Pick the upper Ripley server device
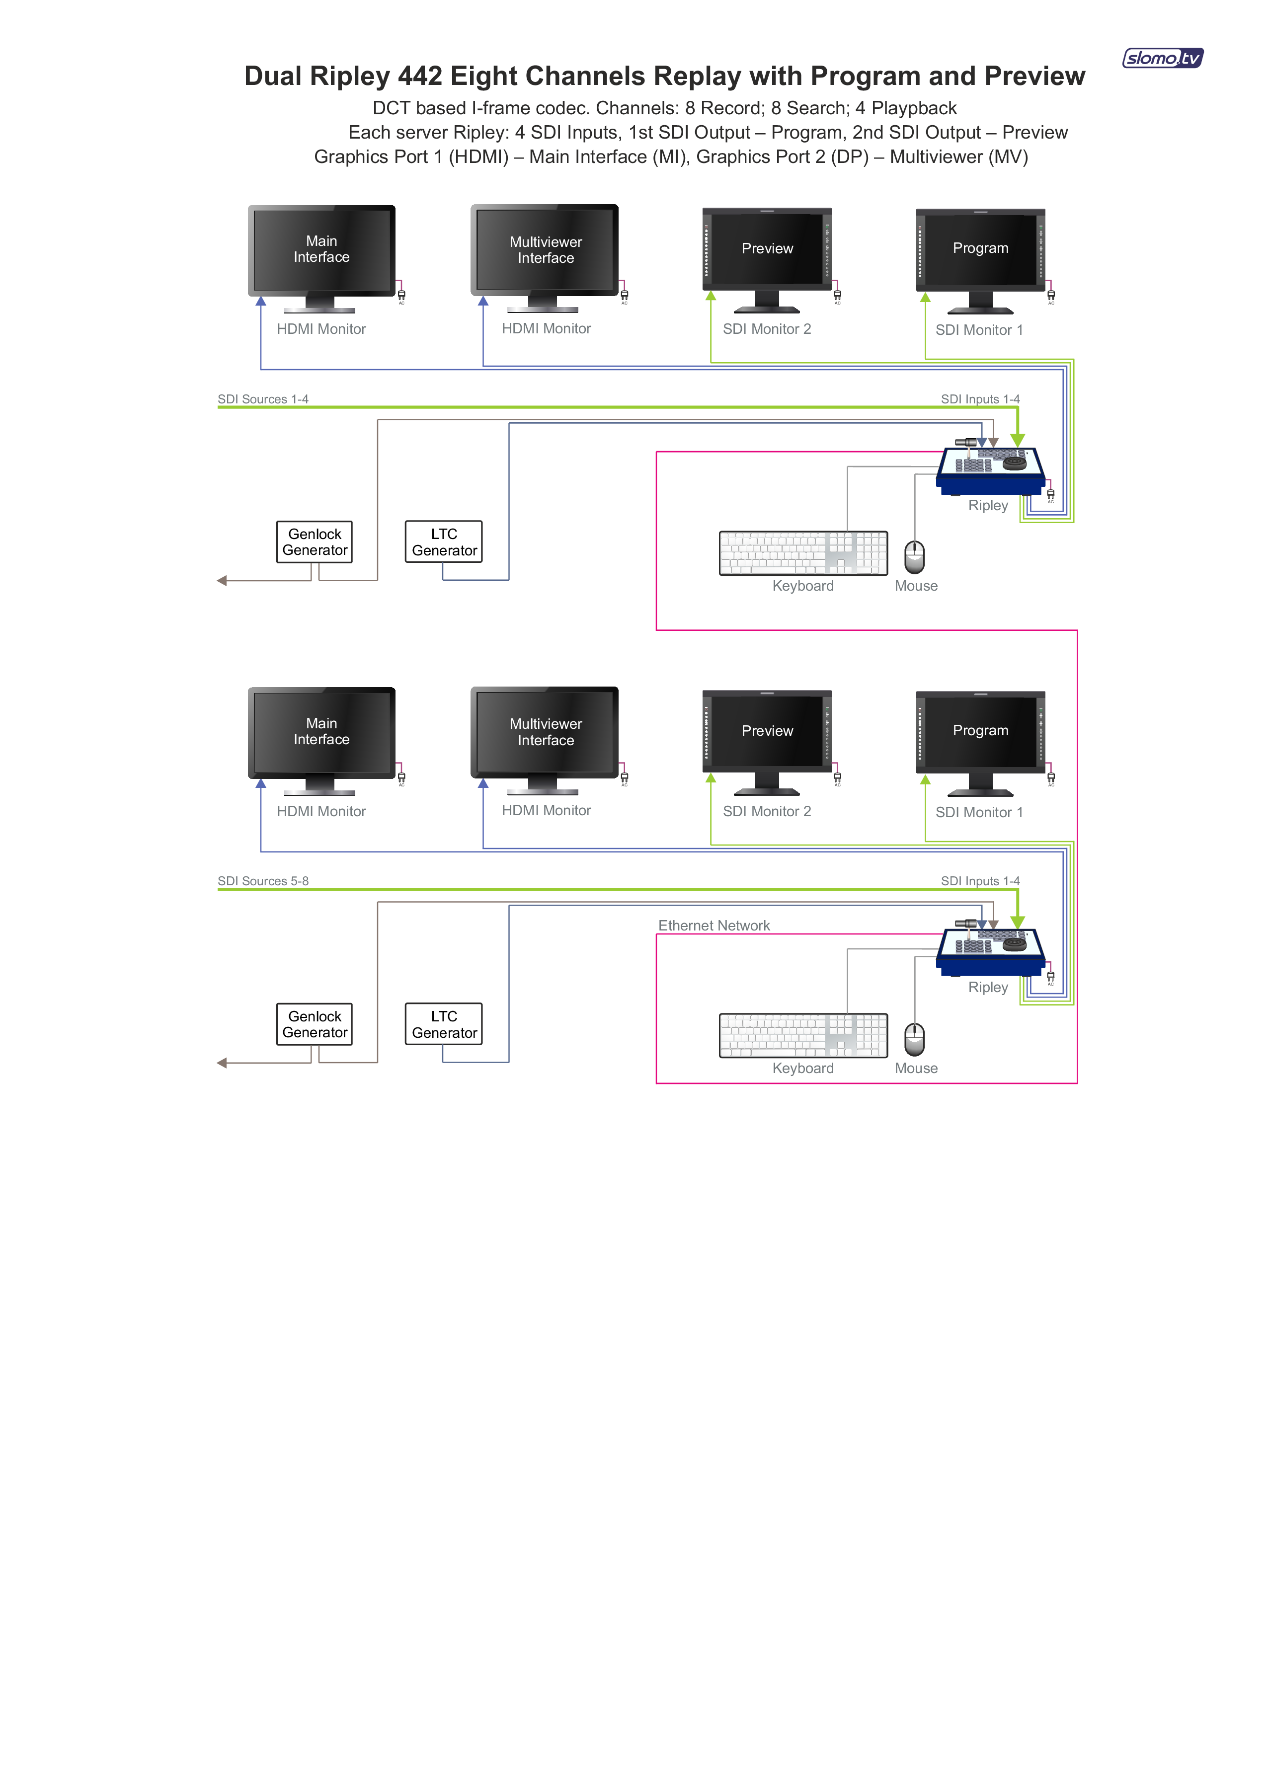(991, 470)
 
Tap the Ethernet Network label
(714, 926)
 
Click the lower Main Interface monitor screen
(321, 732)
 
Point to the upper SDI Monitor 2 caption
(767, 329)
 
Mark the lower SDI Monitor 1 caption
(979, 812)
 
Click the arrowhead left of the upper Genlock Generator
(222, 580)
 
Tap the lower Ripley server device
(991, 952)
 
